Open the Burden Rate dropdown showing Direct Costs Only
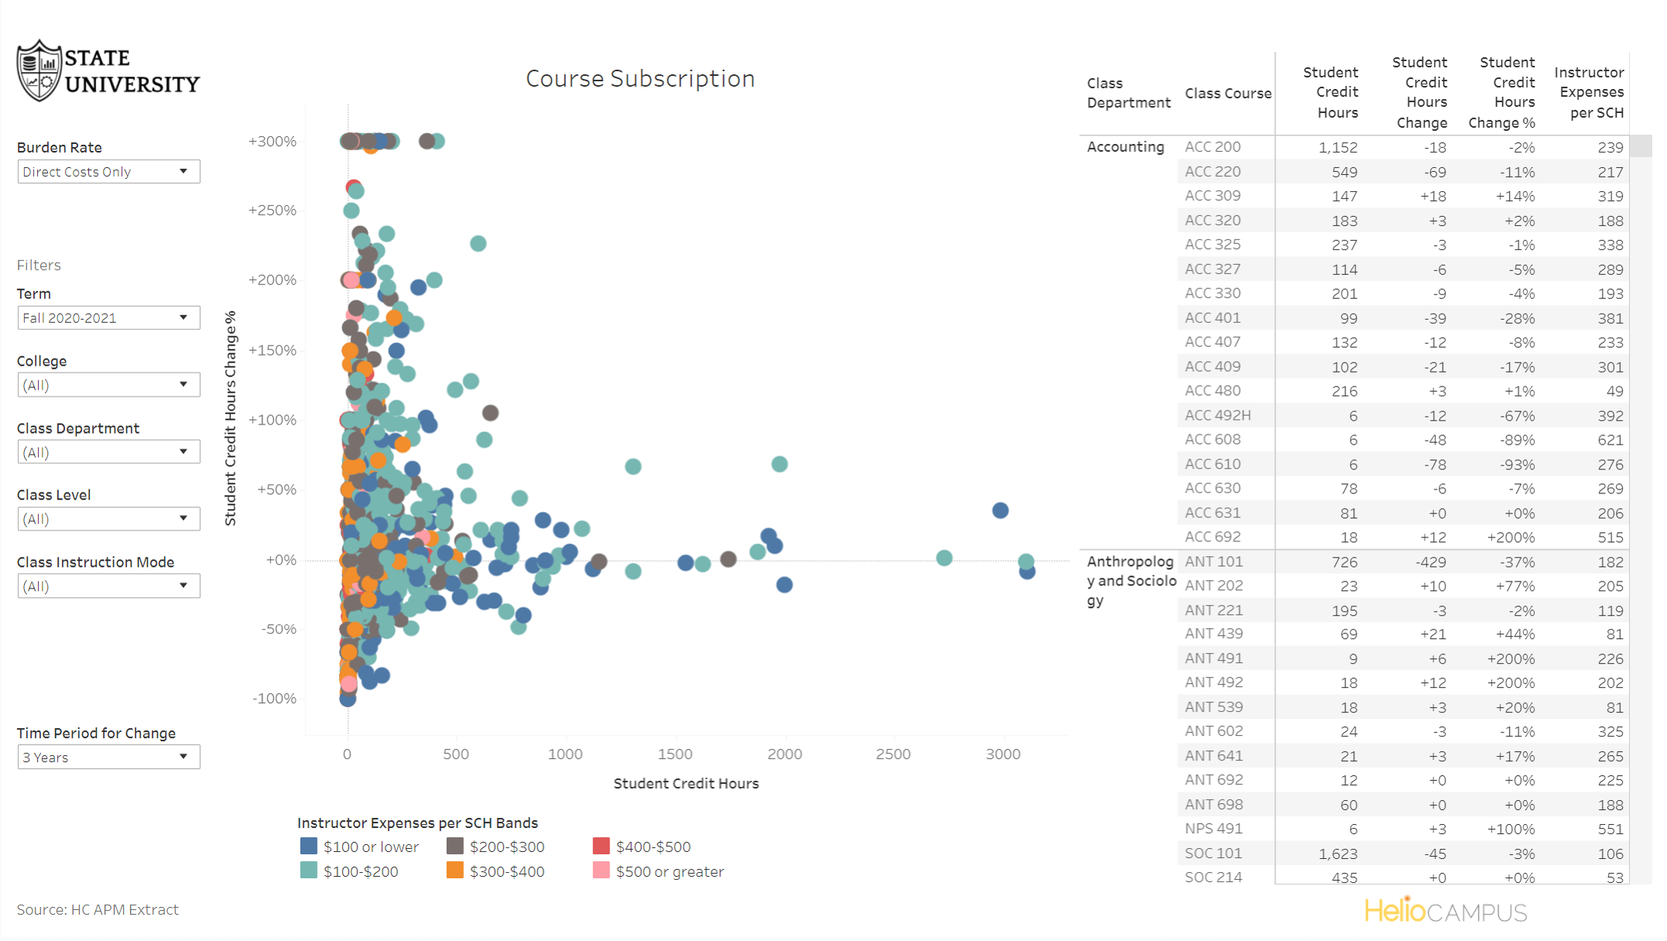pyautogui.click(x=108, y=171)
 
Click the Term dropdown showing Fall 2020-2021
pyautogui.click(x=108, y=318)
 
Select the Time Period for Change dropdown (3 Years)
pyautogui.click(x=108, y=757)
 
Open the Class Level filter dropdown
pyautogui.click(x=108, y=518)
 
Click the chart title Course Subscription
pyautogui.click(x=640, y=78)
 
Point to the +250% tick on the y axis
pyautogui.click(x=272, y=211)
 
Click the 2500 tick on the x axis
pyautogui.click(x=893, y=754)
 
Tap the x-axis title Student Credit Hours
pyautogui.click(x=685, y=783)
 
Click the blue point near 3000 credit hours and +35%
pyautogui.click(x=1000, y=510)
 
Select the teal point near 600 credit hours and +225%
pyautogui.click(x=478, y=243)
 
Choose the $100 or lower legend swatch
pyautogui.click(x=308, y=846)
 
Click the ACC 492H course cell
pyautogui.click(x=1217, y=415)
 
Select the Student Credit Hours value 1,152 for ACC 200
pyautogui.click(x=1338, y=147)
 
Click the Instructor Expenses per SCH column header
pyautogui.click(x=1589, y=92)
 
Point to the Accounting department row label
pyautogui.click(x=1125, y=146)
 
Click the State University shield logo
pyautogui.click(x=39, y=71)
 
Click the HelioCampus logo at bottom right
pyautogui.click(x=1445, y=912)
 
